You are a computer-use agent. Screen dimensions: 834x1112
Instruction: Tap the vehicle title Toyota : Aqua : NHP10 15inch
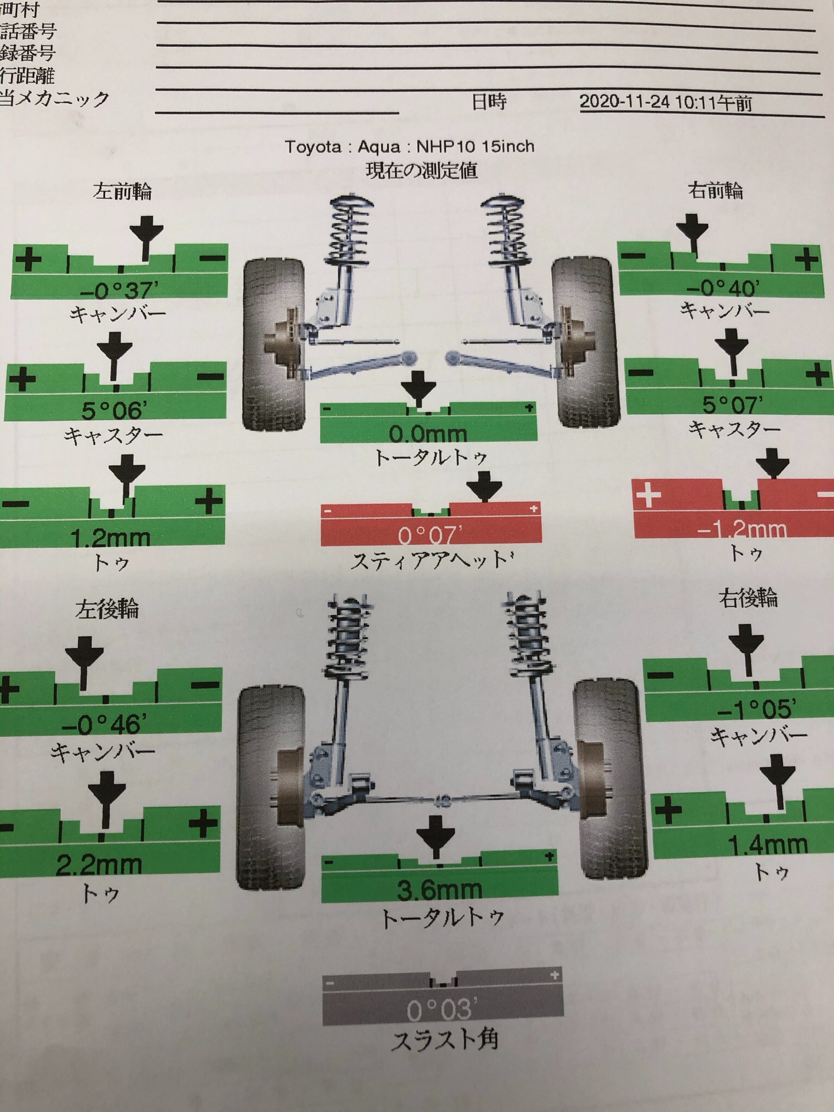(410, 147)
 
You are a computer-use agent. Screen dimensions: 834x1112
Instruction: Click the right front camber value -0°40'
(723, 288)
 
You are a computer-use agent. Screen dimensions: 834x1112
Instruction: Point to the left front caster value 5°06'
(112, 410)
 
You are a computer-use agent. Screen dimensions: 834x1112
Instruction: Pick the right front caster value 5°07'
(732, 405)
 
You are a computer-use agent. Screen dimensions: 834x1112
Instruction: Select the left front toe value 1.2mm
(110, 538)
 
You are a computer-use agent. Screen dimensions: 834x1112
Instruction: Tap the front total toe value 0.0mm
(428, 434)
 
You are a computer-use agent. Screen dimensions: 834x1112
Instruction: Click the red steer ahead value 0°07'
(430, 535)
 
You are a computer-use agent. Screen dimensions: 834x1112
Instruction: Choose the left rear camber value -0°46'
(104, 724)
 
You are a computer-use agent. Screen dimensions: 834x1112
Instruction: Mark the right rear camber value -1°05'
(757, 709)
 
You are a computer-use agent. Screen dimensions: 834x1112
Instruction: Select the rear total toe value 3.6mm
(439, 890)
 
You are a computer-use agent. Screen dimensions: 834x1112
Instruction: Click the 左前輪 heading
(122, 191)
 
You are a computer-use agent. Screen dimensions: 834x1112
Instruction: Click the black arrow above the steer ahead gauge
(484, 486)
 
